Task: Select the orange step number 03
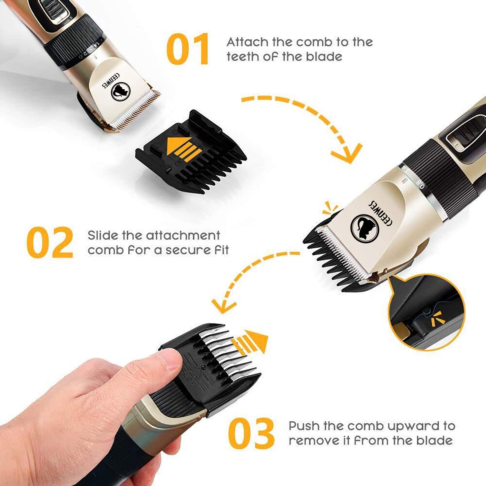[x=251, y=433]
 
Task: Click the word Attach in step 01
[x=248, y=42]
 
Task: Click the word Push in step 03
[x=304, y=426]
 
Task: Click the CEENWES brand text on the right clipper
[x=380, y=213]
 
